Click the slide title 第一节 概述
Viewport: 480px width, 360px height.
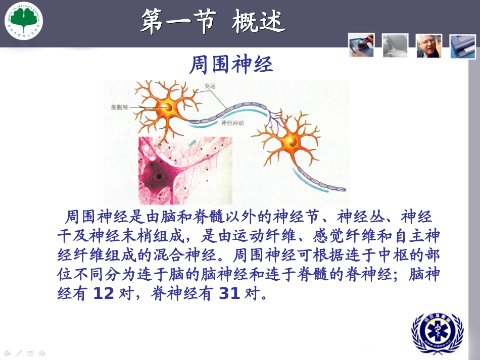[213, 22]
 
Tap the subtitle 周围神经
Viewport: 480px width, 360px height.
[231, 65]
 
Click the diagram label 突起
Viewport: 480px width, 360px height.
[210, 86]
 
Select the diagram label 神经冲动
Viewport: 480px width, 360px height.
[233, 123]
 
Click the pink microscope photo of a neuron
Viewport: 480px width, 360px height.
[185, 170]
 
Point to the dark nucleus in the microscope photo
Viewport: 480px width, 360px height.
[159, 178]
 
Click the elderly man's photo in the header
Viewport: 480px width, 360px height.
[429, 45]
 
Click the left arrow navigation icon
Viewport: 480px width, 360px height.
[7, 353]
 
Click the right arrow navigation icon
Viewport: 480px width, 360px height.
[42, 353]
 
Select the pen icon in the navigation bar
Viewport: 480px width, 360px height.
[18, 353]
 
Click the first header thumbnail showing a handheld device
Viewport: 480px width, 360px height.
[361, 44]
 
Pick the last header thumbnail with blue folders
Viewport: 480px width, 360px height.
[463, 46]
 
